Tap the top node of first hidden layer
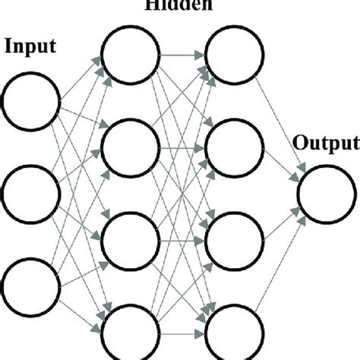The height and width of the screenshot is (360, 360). tap(131, 55)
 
